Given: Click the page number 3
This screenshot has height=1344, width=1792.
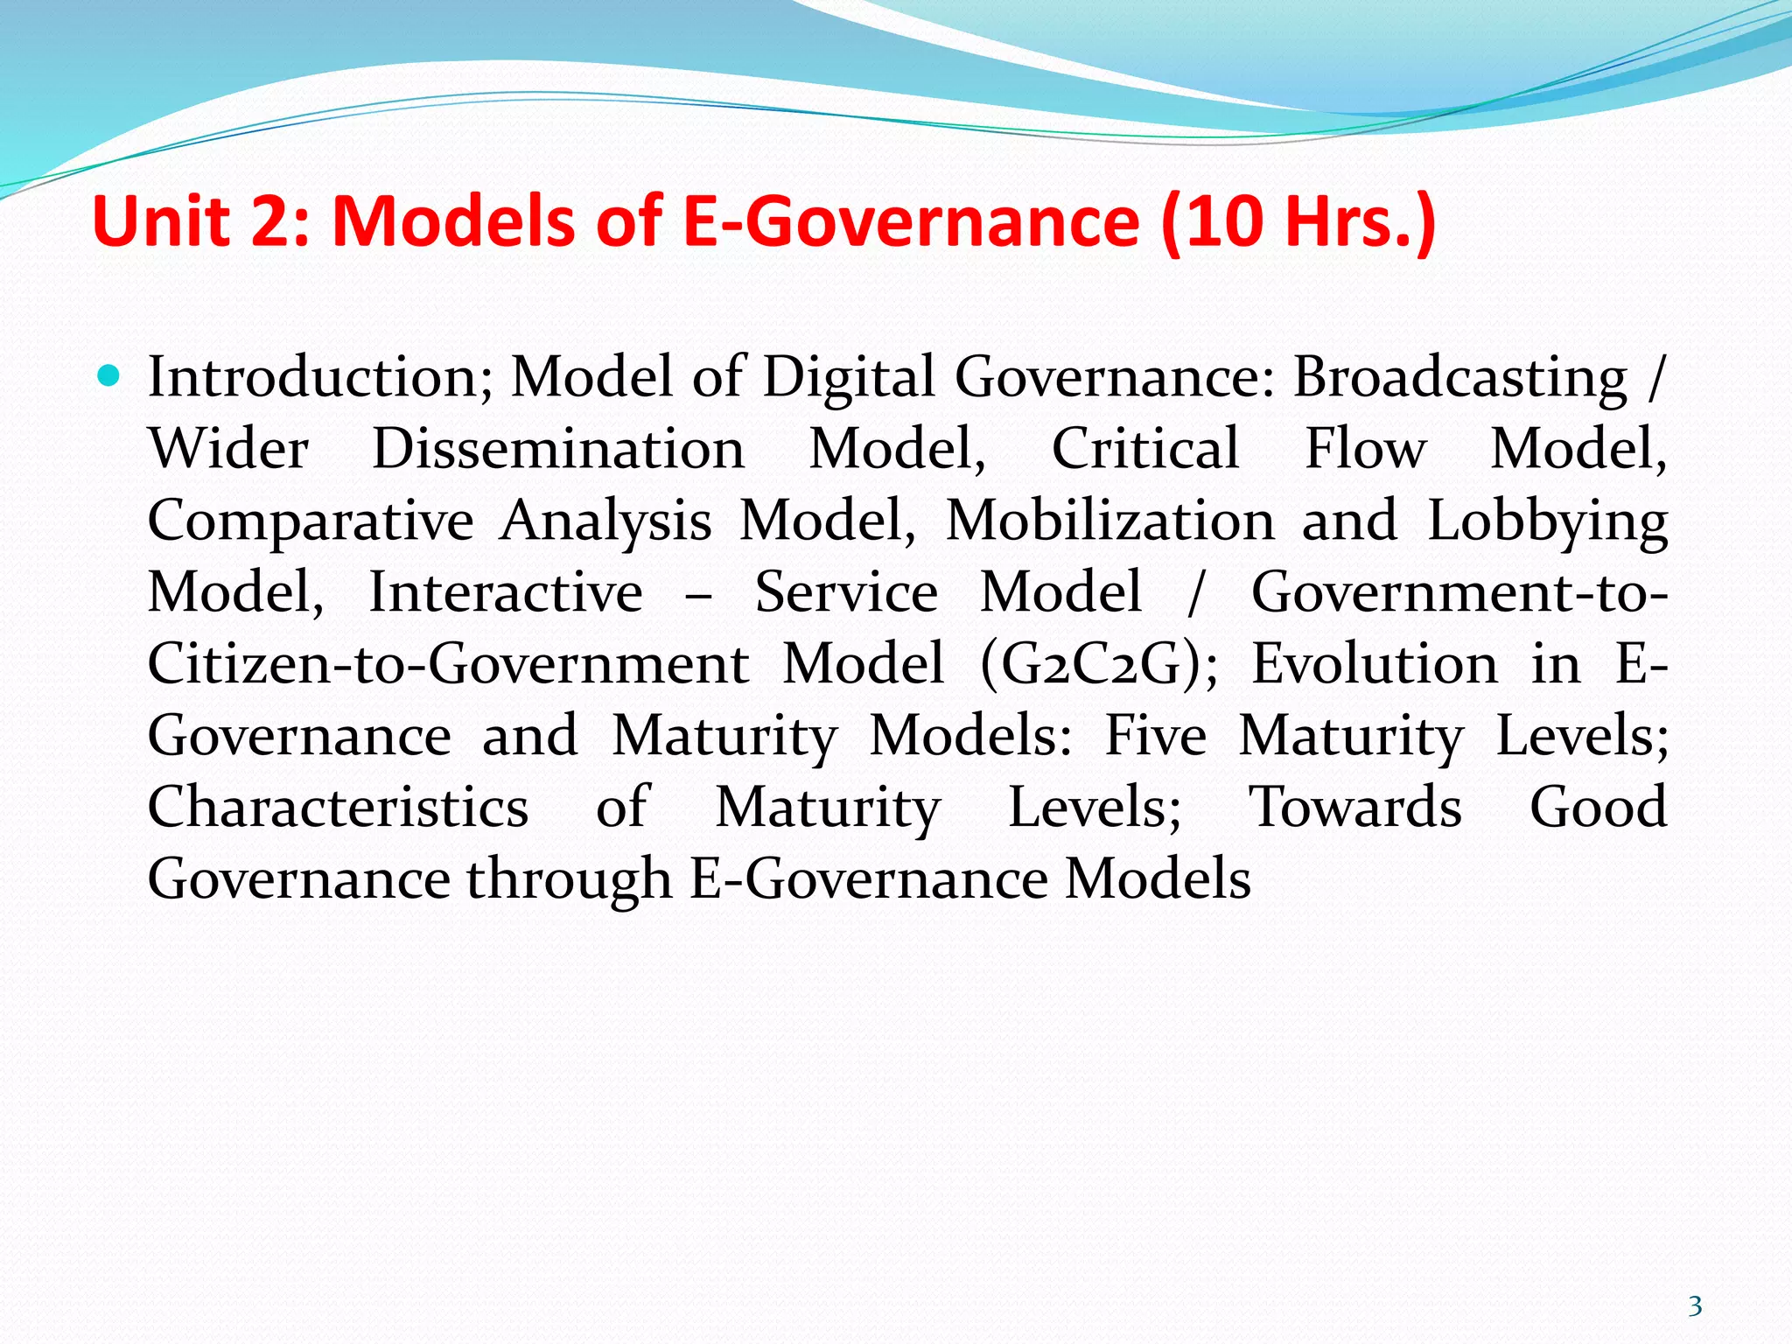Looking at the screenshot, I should click(x=1695, y=1306).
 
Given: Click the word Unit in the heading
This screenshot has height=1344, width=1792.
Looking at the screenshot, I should click(x=161, y=220).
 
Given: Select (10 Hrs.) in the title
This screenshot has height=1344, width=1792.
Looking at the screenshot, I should click(x=1298, y=222).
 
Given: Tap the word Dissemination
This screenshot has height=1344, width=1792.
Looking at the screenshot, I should click(x=558, y=450).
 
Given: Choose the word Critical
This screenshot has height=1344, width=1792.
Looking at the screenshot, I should click(x=1145, y=450).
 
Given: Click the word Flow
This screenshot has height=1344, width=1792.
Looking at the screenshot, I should click(x=1365, y=450).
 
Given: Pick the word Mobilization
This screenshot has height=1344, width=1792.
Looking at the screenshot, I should click(x=1110, y=521).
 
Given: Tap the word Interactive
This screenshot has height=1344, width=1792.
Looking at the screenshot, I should click(x=506, y=593).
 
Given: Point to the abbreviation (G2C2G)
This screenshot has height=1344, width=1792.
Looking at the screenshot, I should click(x=1098, y=665).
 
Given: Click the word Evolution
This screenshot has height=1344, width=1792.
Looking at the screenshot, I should click(x=1375, y=664).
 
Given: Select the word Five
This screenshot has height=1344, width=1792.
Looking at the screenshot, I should click(x=1155, y=736).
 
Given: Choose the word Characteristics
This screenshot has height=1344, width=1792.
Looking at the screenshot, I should click(x=338, y=808).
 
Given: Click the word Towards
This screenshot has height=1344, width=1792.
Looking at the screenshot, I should click(x=1354, y=808).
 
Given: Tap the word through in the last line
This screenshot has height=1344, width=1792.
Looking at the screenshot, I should click(x=569, y=880).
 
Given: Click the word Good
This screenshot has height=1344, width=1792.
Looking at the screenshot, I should click(x=1598, y=808).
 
